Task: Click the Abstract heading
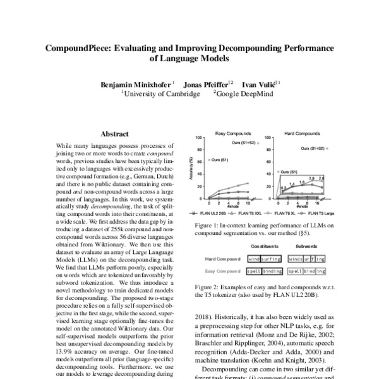[114, 134]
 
